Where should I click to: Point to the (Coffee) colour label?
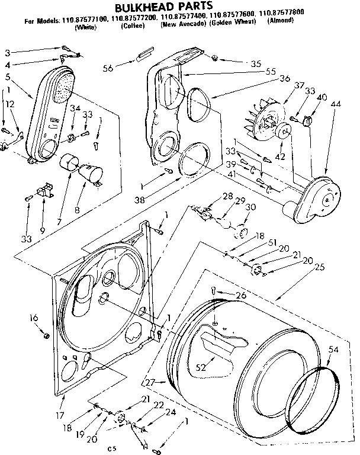coord(130,28)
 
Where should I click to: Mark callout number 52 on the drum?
coord(201,367)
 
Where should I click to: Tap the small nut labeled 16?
coord(46,335)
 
